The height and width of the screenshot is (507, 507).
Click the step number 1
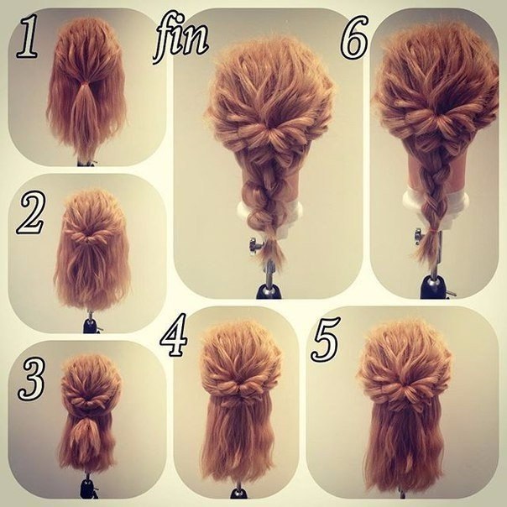pos(27,38)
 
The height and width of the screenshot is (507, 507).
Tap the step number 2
pos(31,212)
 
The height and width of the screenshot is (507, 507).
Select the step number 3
pos(31,379)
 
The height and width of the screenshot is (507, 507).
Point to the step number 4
pos(174,335)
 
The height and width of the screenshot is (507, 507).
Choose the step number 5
pos(326,339)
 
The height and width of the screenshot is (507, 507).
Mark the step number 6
pos(354,37)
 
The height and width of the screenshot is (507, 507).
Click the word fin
pos(180,37)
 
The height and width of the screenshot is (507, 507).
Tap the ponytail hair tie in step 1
pos(85,85)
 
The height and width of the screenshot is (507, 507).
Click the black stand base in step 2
pos(91,326)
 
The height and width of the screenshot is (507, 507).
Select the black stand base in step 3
pos(87,489)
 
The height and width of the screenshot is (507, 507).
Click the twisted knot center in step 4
pos(240,387)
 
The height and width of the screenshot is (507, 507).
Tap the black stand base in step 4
pos(238,494)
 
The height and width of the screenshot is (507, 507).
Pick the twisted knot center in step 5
pos(405,388)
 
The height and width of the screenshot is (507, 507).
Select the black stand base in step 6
pos(432,287)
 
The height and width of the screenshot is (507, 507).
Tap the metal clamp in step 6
pos(419,236)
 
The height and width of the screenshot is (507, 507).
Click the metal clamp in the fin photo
pos(254,245)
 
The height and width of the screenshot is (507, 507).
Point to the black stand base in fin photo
pos(269,291)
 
